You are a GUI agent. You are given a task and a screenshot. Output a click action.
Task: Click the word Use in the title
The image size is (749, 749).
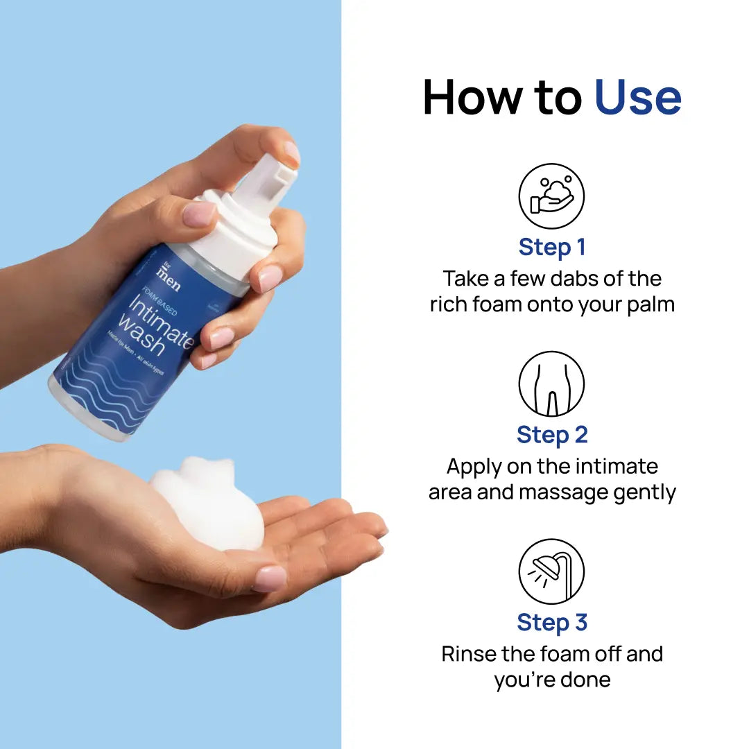pyautogui.click(x=638, y=98)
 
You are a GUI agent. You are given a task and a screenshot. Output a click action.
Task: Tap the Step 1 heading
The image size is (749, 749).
pyautogui.click(x=551, y=247)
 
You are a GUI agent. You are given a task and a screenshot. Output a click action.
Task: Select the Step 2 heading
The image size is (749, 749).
pyautogui.click(x=551, y=435)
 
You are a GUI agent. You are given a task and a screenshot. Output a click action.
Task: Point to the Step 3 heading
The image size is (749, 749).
pyautogui.click(x=551, y=623)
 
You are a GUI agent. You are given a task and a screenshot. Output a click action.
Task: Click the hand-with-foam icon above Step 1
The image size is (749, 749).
pyautogui.click(x=551, y=196)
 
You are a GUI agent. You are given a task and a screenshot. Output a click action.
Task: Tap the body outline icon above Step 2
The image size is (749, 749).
pyautogui.click(x=551, y=384)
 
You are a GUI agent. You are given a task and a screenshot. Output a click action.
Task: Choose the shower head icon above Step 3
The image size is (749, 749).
pyautogui.click(x=551, y=571)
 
